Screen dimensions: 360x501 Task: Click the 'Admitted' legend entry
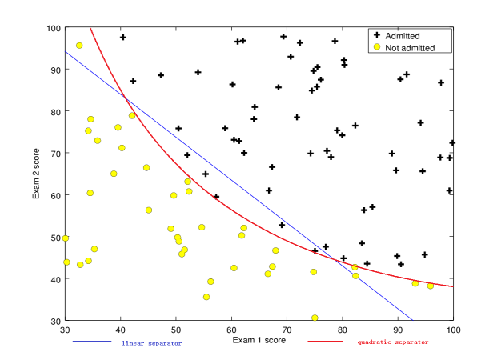[403, 36]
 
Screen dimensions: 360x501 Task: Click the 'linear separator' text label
[151, 342]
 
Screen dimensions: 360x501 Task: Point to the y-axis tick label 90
[54, 70]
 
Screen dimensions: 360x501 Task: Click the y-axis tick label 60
[54, 195]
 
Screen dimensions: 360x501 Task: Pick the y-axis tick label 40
[54, 279]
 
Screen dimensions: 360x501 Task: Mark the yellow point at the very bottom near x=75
[315, 318]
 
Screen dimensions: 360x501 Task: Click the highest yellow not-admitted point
[79, 46]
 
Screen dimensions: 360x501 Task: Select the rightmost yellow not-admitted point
[431, 286]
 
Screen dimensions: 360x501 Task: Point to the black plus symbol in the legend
[377, 36]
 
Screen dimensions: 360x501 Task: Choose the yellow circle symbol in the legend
[377, 48]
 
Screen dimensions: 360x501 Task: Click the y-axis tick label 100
[53, 28]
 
